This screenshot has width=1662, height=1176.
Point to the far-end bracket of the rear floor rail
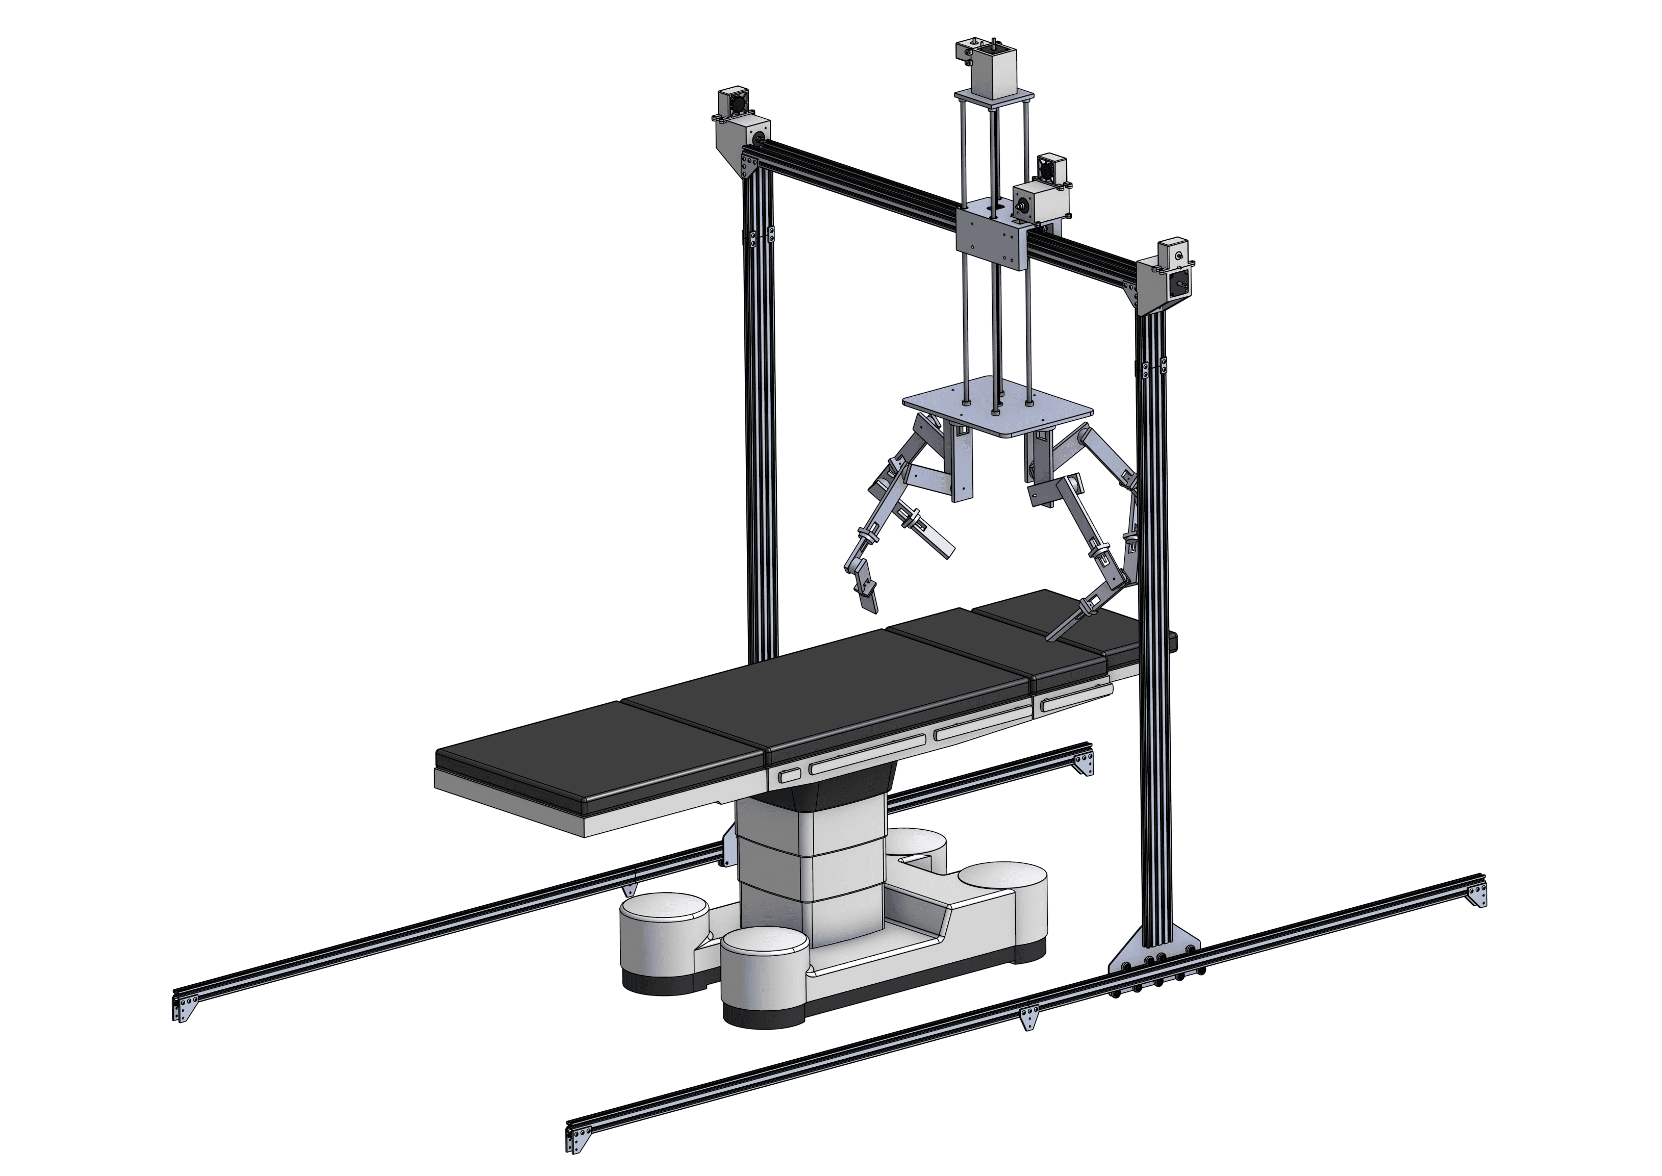(x=1084, y=763)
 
